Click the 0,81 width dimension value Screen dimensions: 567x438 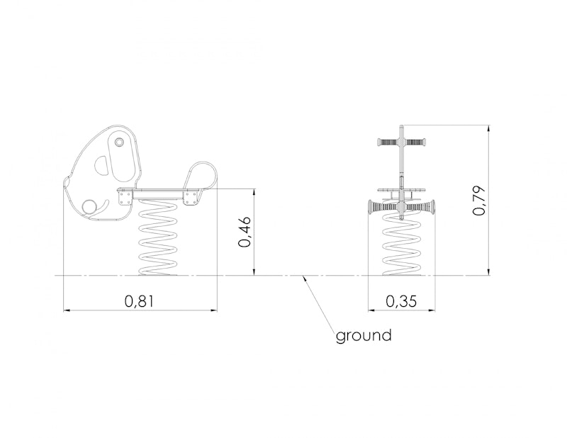click(x=139, y=301)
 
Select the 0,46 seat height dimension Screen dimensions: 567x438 click(x=245, y=232)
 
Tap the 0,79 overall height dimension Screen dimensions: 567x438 click(x=480, y=201)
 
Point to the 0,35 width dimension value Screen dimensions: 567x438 click(x=401, y=301)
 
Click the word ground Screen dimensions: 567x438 click(x=364, y=336)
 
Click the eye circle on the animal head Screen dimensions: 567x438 click(x=118, y=142)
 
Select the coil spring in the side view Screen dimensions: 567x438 click(x=158, y=237)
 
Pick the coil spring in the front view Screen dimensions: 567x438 click(x=402, y=244)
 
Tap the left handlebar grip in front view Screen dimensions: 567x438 click(x=388, y=142)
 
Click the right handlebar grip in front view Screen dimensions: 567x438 click(x=415, y=142)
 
